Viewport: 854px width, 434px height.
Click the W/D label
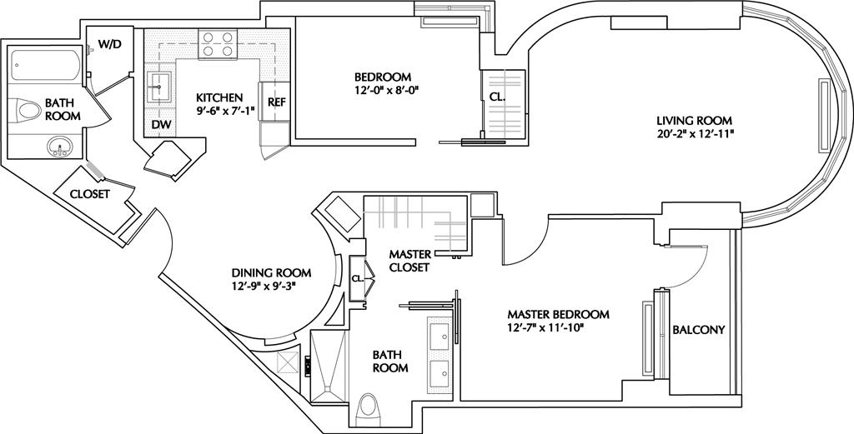pos(109,45)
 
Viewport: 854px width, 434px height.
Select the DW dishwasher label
pos(161,125)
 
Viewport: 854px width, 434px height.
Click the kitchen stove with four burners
pos(218,45)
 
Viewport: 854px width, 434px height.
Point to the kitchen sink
pos(159,87)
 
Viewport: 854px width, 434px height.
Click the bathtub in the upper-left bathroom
pos(46,65)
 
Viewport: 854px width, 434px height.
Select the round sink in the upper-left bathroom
pos(59,147)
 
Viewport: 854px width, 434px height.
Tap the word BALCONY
pos(699,330)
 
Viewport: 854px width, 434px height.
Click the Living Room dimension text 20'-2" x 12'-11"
pos(694,132)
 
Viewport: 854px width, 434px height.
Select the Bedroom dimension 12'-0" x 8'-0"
pos(382,88)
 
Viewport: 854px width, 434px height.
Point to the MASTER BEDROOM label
pos(558,314)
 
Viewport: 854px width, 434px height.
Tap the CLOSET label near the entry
pos(90,193)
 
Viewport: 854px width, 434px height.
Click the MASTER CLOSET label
pos(409,261)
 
